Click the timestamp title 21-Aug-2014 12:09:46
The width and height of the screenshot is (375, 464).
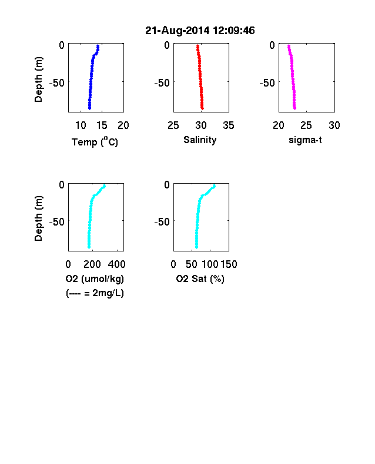click(x=200, y=31)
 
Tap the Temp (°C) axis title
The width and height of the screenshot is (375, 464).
click(x=95, y=142)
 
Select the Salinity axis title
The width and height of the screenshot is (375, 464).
click(x=200, y=140)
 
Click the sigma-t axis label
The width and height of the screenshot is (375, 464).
click(x=305, y=140)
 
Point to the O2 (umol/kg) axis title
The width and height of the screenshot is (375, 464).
click(x=95, y=279)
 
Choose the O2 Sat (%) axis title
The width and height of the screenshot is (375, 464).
click(x=200, y=279)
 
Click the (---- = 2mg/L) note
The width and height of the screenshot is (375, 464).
click(x=95, y=293)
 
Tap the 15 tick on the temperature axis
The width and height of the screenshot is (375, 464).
click(x=102, y=125)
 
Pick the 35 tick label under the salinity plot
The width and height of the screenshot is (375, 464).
click(x=229, y=125)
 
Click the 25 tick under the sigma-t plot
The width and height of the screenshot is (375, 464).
click(x=306, y=125)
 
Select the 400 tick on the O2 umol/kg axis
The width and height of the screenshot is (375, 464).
click(x=116, y=264)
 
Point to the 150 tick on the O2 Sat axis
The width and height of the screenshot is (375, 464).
click(x=229, y=264)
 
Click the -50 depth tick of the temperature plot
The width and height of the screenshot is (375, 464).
click(x=56, y=83)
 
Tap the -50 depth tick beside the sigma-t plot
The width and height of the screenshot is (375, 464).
click(x=267, y=83)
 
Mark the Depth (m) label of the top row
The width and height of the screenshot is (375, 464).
click(x=38, y=79)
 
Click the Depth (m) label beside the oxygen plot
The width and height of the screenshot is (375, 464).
click(x=38, y=218)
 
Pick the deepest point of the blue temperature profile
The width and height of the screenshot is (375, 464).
click(x=89, y=108)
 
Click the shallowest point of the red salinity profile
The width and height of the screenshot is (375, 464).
click(x=197, y=46)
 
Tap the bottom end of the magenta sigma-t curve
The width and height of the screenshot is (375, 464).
click(x=294, y=108)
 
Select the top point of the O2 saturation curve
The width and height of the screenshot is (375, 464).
click(x=215, y=186)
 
